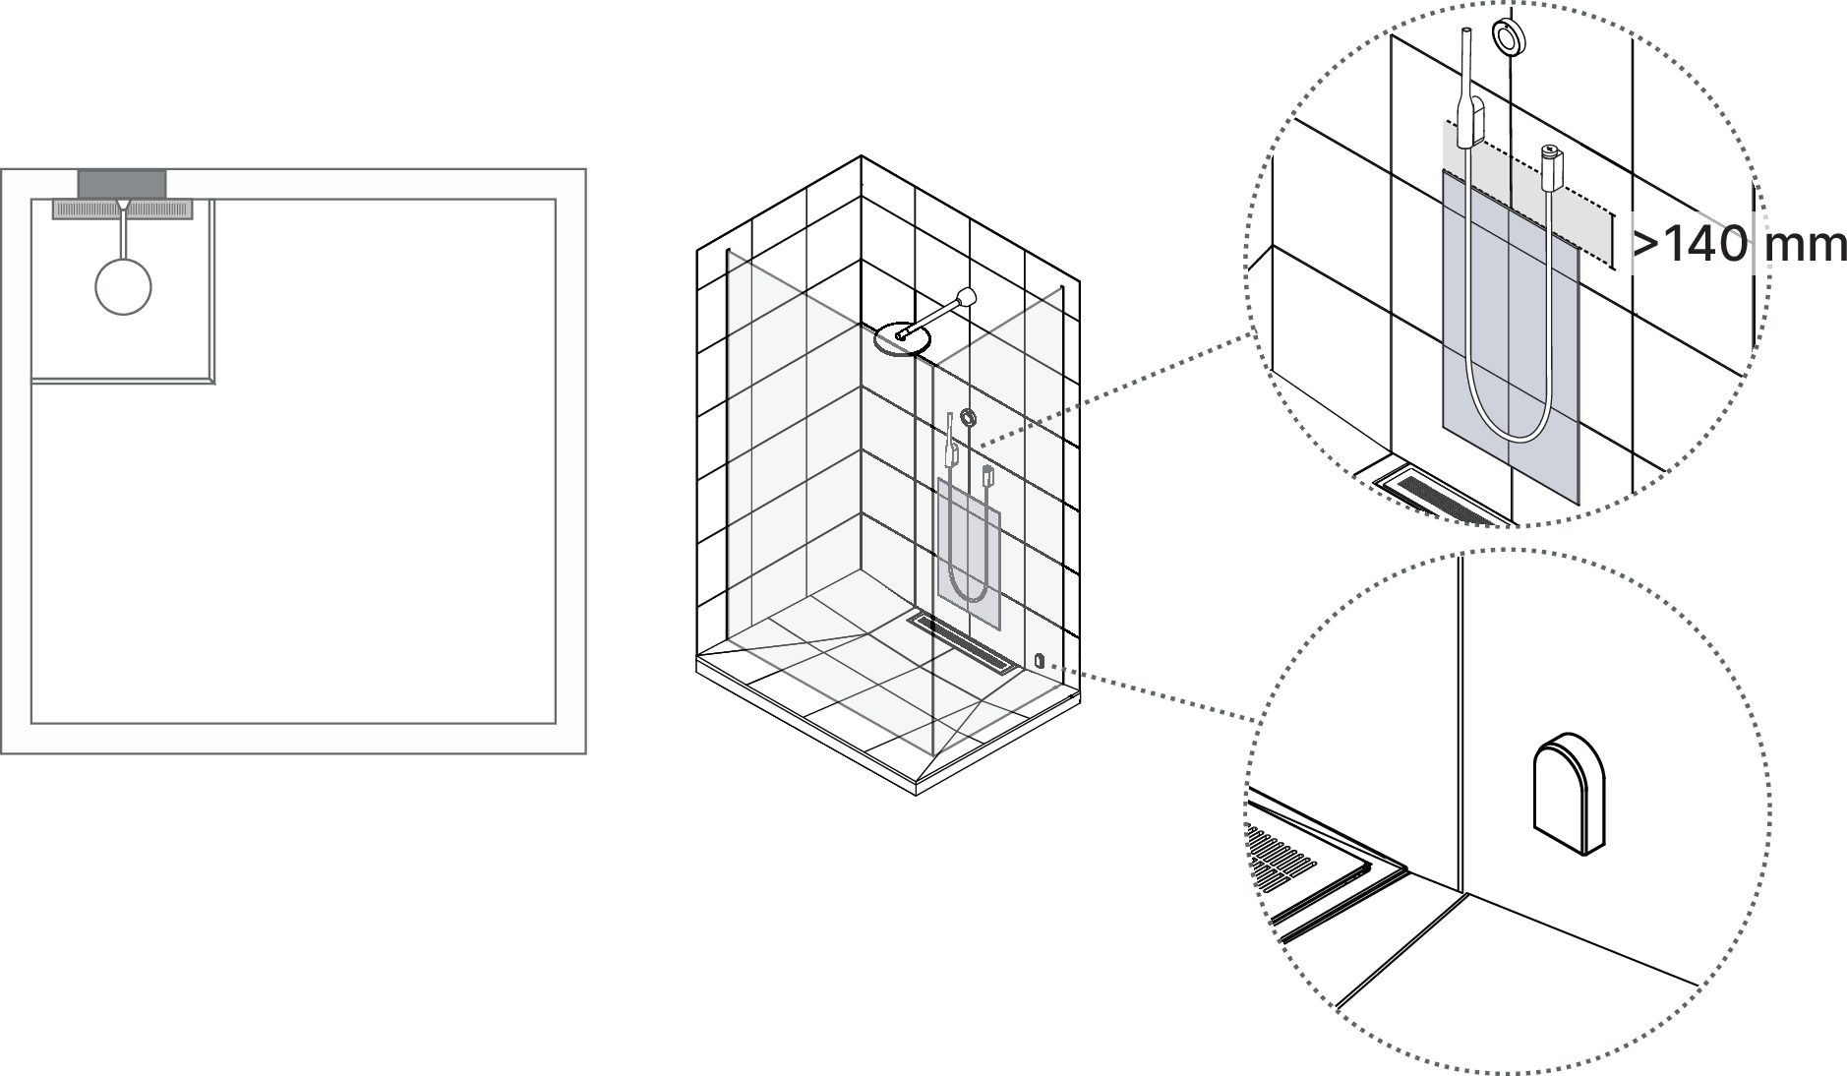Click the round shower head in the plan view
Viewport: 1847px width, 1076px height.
tap(123, 286)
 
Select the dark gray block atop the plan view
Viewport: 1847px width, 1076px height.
tap(122, 183)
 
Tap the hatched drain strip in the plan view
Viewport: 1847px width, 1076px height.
tap(122, 209)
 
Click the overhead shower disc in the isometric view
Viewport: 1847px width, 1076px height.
tap(902, 338)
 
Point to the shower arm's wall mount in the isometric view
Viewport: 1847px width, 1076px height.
tap(969, 296)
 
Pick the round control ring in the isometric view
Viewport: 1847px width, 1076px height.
tap(970, 419)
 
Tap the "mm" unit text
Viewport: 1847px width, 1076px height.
tap(1806, 244)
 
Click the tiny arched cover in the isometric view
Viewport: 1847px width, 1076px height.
tap(1038, 658)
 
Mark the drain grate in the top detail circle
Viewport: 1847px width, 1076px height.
tap(1442, 496)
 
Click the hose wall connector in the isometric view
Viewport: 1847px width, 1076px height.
tap(989, 477)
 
